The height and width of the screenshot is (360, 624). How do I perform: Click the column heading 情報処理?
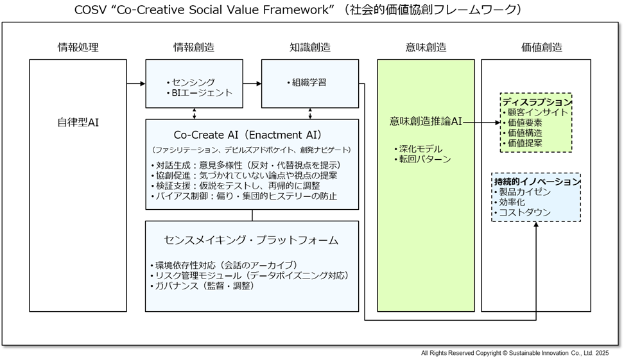click(78, 47)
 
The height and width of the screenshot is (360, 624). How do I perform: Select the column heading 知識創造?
click(310, 47)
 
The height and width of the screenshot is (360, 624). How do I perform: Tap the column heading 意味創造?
click(426, 47)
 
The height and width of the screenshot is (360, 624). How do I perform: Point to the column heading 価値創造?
click(542, 47)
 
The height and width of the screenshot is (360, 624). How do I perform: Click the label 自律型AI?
click(78, 122)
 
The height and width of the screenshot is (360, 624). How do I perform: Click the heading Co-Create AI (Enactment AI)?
click(248, 135)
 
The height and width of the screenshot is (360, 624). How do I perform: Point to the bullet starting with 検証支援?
click(236, 185)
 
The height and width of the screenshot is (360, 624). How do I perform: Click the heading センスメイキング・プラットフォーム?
click(251, 240)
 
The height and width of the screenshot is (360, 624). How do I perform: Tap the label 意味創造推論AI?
click(426, 121)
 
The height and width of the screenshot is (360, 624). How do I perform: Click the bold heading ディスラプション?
click(537, 102)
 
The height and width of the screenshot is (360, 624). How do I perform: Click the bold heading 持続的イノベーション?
click(537, 182)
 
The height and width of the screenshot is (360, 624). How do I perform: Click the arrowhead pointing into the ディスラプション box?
click(498, 123)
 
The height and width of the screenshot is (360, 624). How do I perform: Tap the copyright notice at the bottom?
click(515, 353)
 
